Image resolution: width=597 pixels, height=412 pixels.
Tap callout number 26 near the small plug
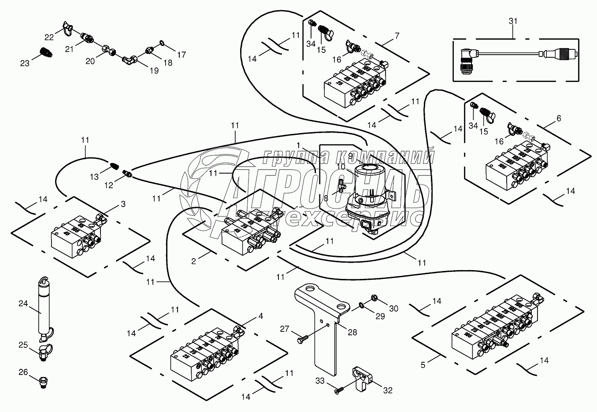click(x=23, y=373)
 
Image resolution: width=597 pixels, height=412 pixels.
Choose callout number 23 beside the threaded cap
click(x=24, y=63)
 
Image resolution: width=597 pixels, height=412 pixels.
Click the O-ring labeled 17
click(x=161, y=43)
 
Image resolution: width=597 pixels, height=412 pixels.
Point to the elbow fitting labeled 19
click(x=130, y=58)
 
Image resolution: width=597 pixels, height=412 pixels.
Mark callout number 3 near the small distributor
click(x=123, y=204)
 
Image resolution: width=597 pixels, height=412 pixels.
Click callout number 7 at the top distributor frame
click(x=397, y=35)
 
